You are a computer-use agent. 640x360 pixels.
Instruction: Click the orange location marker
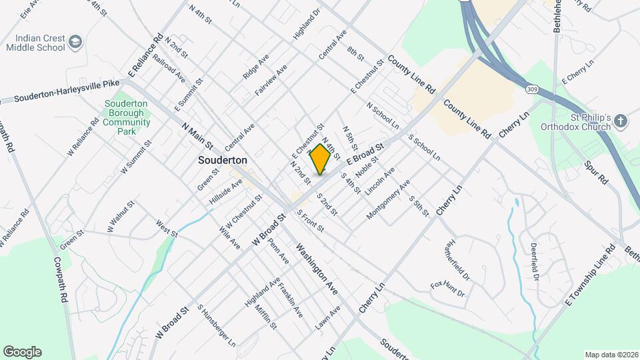coord(321,159)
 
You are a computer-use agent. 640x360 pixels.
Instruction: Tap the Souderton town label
coord(223,161)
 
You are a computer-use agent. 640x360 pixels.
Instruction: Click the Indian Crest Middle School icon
coord(75,42)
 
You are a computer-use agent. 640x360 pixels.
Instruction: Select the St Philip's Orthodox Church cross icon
coord(621,121)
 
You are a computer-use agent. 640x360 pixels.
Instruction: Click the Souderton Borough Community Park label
coord(127,117)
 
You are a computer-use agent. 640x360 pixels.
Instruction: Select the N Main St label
coord(197,135)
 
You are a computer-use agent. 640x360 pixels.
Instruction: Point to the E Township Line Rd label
coord(589,275)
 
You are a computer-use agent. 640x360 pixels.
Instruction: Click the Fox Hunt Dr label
coord(447,289)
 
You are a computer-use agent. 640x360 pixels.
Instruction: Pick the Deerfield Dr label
coord(534,260)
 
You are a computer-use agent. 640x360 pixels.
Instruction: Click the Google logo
coord(22,351)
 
